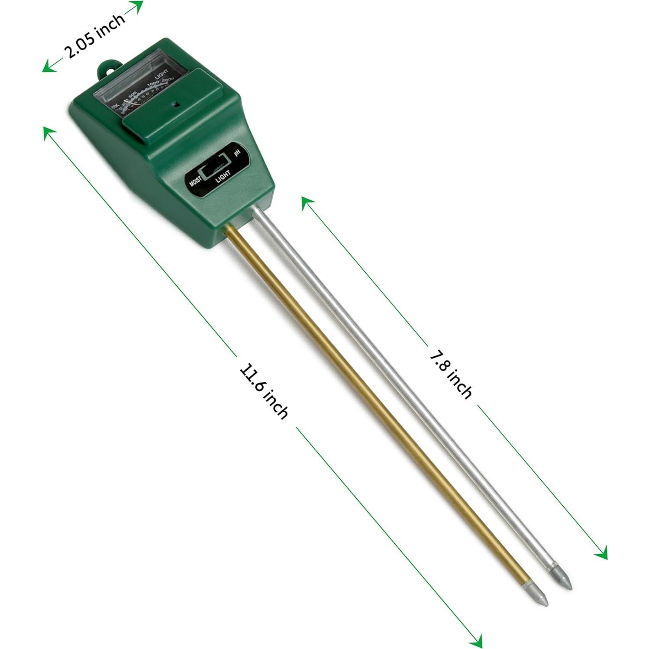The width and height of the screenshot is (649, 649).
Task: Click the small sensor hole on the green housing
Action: pyautogui.click(x=175, y=104)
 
